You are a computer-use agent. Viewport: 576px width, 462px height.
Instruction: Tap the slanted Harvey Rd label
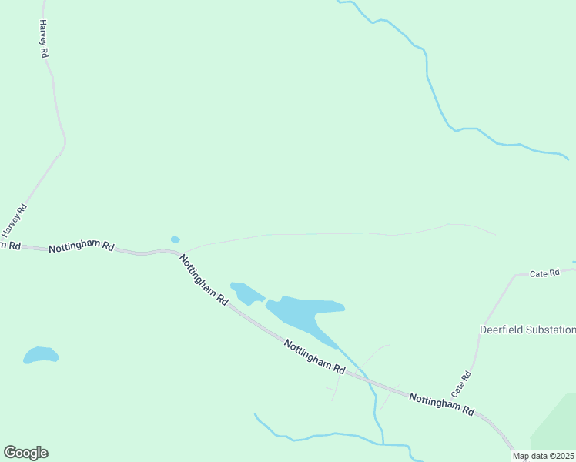coord(14,220)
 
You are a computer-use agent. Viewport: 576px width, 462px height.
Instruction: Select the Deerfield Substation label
coord(527,330)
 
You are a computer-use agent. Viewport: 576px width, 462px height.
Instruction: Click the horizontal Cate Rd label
coord(544,273)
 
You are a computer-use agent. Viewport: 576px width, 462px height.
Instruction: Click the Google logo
coord(25,453)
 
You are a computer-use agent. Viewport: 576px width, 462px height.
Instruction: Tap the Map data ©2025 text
coord(543,456)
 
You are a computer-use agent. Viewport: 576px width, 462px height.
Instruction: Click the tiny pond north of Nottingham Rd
coord(175,239)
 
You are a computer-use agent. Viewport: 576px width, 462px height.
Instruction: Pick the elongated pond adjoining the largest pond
coord(246,293)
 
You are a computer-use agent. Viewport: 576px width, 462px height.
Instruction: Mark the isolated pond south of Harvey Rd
coord(40,355)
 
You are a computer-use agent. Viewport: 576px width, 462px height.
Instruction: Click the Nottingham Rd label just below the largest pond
coord(314,357)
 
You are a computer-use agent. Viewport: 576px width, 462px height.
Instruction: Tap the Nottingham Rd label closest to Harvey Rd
coord(81,247)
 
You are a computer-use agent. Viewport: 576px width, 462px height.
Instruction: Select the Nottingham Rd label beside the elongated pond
coord(204,280)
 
